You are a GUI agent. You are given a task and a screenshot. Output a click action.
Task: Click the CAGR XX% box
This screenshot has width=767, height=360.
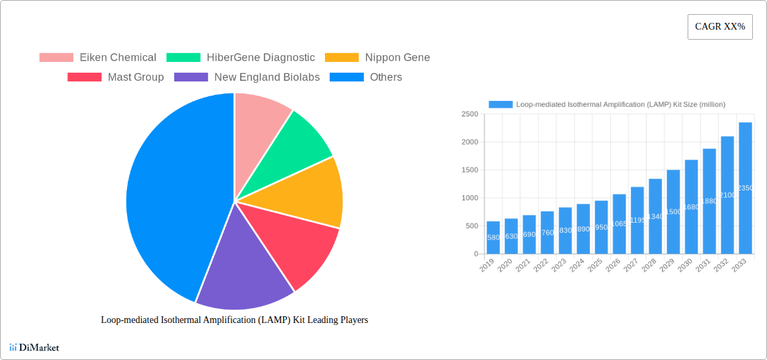click(x=720, y=27)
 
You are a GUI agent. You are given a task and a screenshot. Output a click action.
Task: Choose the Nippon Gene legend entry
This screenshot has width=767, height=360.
click(x=377, y=58)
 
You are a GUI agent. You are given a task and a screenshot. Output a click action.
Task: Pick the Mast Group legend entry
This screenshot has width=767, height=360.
click(x=116, y=77)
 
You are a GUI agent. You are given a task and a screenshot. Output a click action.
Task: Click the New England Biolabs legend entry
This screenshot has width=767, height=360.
click(x=247, y=77)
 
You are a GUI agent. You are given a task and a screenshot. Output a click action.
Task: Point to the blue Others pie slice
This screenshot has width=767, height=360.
click(x=168, y=195)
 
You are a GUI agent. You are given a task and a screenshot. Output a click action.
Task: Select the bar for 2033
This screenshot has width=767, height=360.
click(x=745, y=188)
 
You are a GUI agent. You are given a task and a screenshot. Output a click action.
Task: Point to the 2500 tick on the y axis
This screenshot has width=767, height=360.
click(x=469, y=114)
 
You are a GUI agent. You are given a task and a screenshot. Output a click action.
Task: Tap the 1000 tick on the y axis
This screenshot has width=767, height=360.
click(x=469, y=198)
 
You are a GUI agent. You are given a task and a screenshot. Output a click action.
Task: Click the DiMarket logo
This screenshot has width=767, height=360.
click(x=34, y=347)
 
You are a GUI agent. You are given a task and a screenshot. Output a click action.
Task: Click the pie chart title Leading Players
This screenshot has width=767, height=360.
click(x=234, y=320)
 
